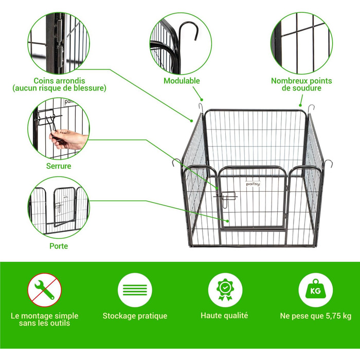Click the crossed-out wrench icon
[45, 290]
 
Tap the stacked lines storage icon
[135, 290]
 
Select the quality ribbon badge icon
[225, 290]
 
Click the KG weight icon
[315, 290]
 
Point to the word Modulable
[182, 81]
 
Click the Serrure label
[59, 166]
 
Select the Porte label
[59, 246]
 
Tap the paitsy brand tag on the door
[253, 184]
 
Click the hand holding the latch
[68, 138]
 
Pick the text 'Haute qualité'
[224, 316]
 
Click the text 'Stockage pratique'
[135, 316]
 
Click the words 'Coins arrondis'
[59, 81]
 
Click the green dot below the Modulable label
[202, 100]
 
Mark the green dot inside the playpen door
[227, 221]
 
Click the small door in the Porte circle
[64, 207]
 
